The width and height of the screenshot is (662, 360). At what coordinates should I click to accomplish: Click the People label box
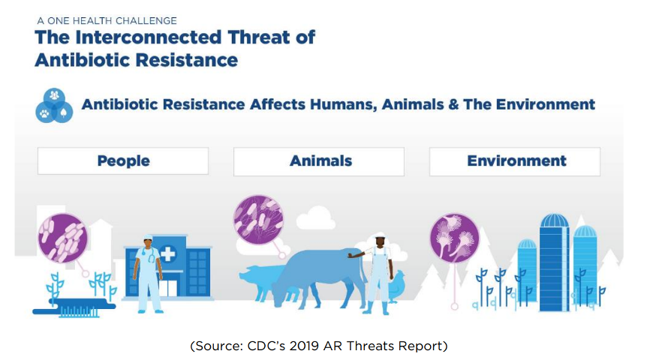pos(123,160)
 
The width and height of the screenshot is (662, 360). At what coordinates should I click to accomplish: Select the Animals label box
pos(319,160)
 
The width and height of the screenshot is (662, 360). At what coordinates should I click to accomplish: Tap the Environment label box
pos(515,160)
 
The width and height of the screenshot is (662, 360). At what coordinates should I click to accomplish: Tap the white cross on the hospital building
pos(167,255)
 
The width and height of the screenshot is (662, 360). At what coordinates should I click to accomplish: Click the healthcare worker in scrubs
pos(148,273)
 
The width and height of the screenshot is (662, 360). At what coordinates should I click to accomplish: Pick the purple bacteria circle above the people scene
pos(63,238)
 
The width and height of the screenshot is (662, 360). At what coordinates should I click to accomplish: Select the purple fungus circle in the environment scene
pos(454,238)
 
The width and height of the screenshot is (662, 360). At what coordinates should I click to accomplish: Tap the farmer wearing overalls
pos(380,273)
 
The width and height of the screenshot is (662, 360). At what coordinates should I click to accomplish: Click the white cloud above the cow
pos(315,217)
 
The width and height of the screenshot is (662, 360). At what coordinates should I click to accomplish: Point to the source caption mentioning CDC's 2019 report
pos(318,345)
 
